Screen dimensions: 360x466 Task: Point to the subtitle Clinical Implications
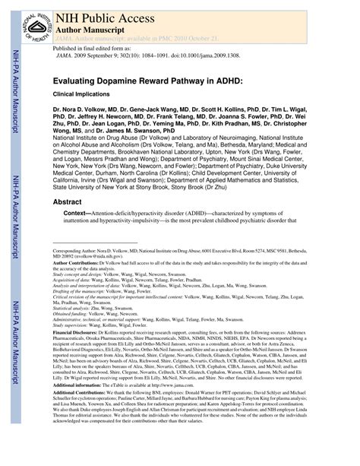[x=83, y=94]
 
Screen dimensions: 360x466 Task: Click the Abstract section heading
[x=70, y=202]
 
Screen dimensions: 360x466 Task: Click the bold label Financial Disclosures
[x=77, y=333]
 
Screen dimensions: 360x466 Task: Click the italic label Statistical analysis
[x=74, y=307]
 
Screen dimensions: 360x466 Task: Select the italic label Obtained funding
[x=71, y=313]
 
